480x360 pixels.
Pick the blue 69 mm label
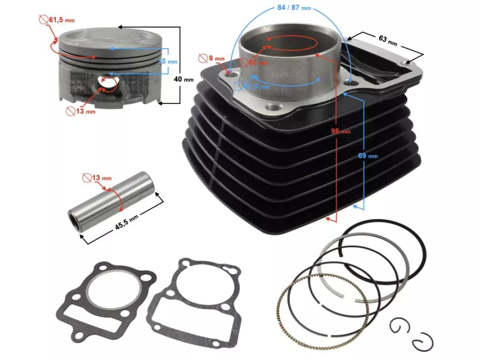click(368, 155)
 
